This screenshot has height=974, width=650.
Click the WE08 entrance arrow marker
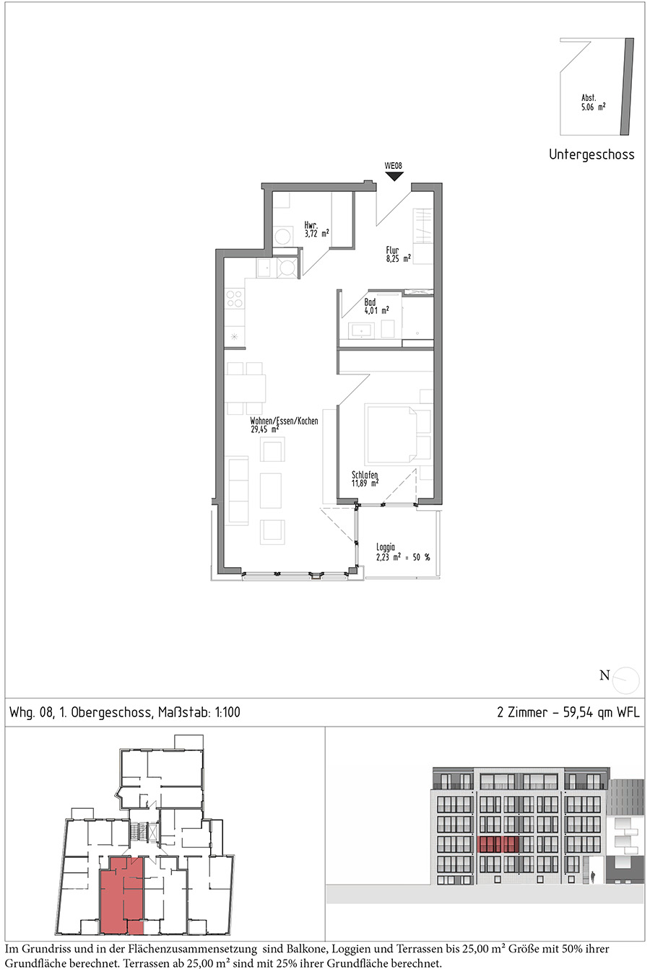394,177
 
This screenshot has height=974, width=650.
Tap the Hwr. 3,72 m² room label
316,229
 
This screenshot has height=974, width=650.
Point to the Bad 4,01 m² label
376,307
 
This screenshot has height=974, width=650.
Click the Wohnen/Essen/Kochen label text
284,421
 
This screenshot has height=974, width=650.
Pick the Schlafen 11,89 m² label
365,479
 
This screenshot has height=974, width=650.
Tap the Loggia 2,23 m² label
403,552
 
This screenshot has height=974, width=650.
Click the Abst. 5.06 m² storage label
594,102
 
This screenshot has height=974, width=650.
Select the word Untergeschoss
591,154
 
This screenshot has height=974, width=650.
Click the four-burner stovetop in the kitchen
235,299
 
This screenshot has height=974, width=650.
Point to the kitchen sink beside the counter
264,268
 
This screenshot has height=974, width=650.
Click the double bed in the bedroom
391,434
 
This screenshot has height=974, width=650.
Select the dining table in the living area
246,388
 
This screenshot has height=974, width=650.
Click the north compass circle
625,680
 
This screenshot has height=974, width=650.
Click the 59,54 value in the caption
578,712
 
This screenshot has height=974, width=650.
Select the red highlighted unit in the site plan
121,896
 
